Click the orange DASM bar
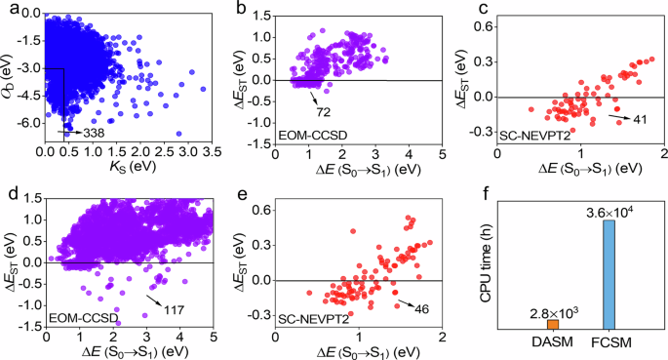(552, 324)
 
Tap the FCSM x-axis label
(609, 344)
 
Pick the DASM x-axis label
(552, 344)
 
